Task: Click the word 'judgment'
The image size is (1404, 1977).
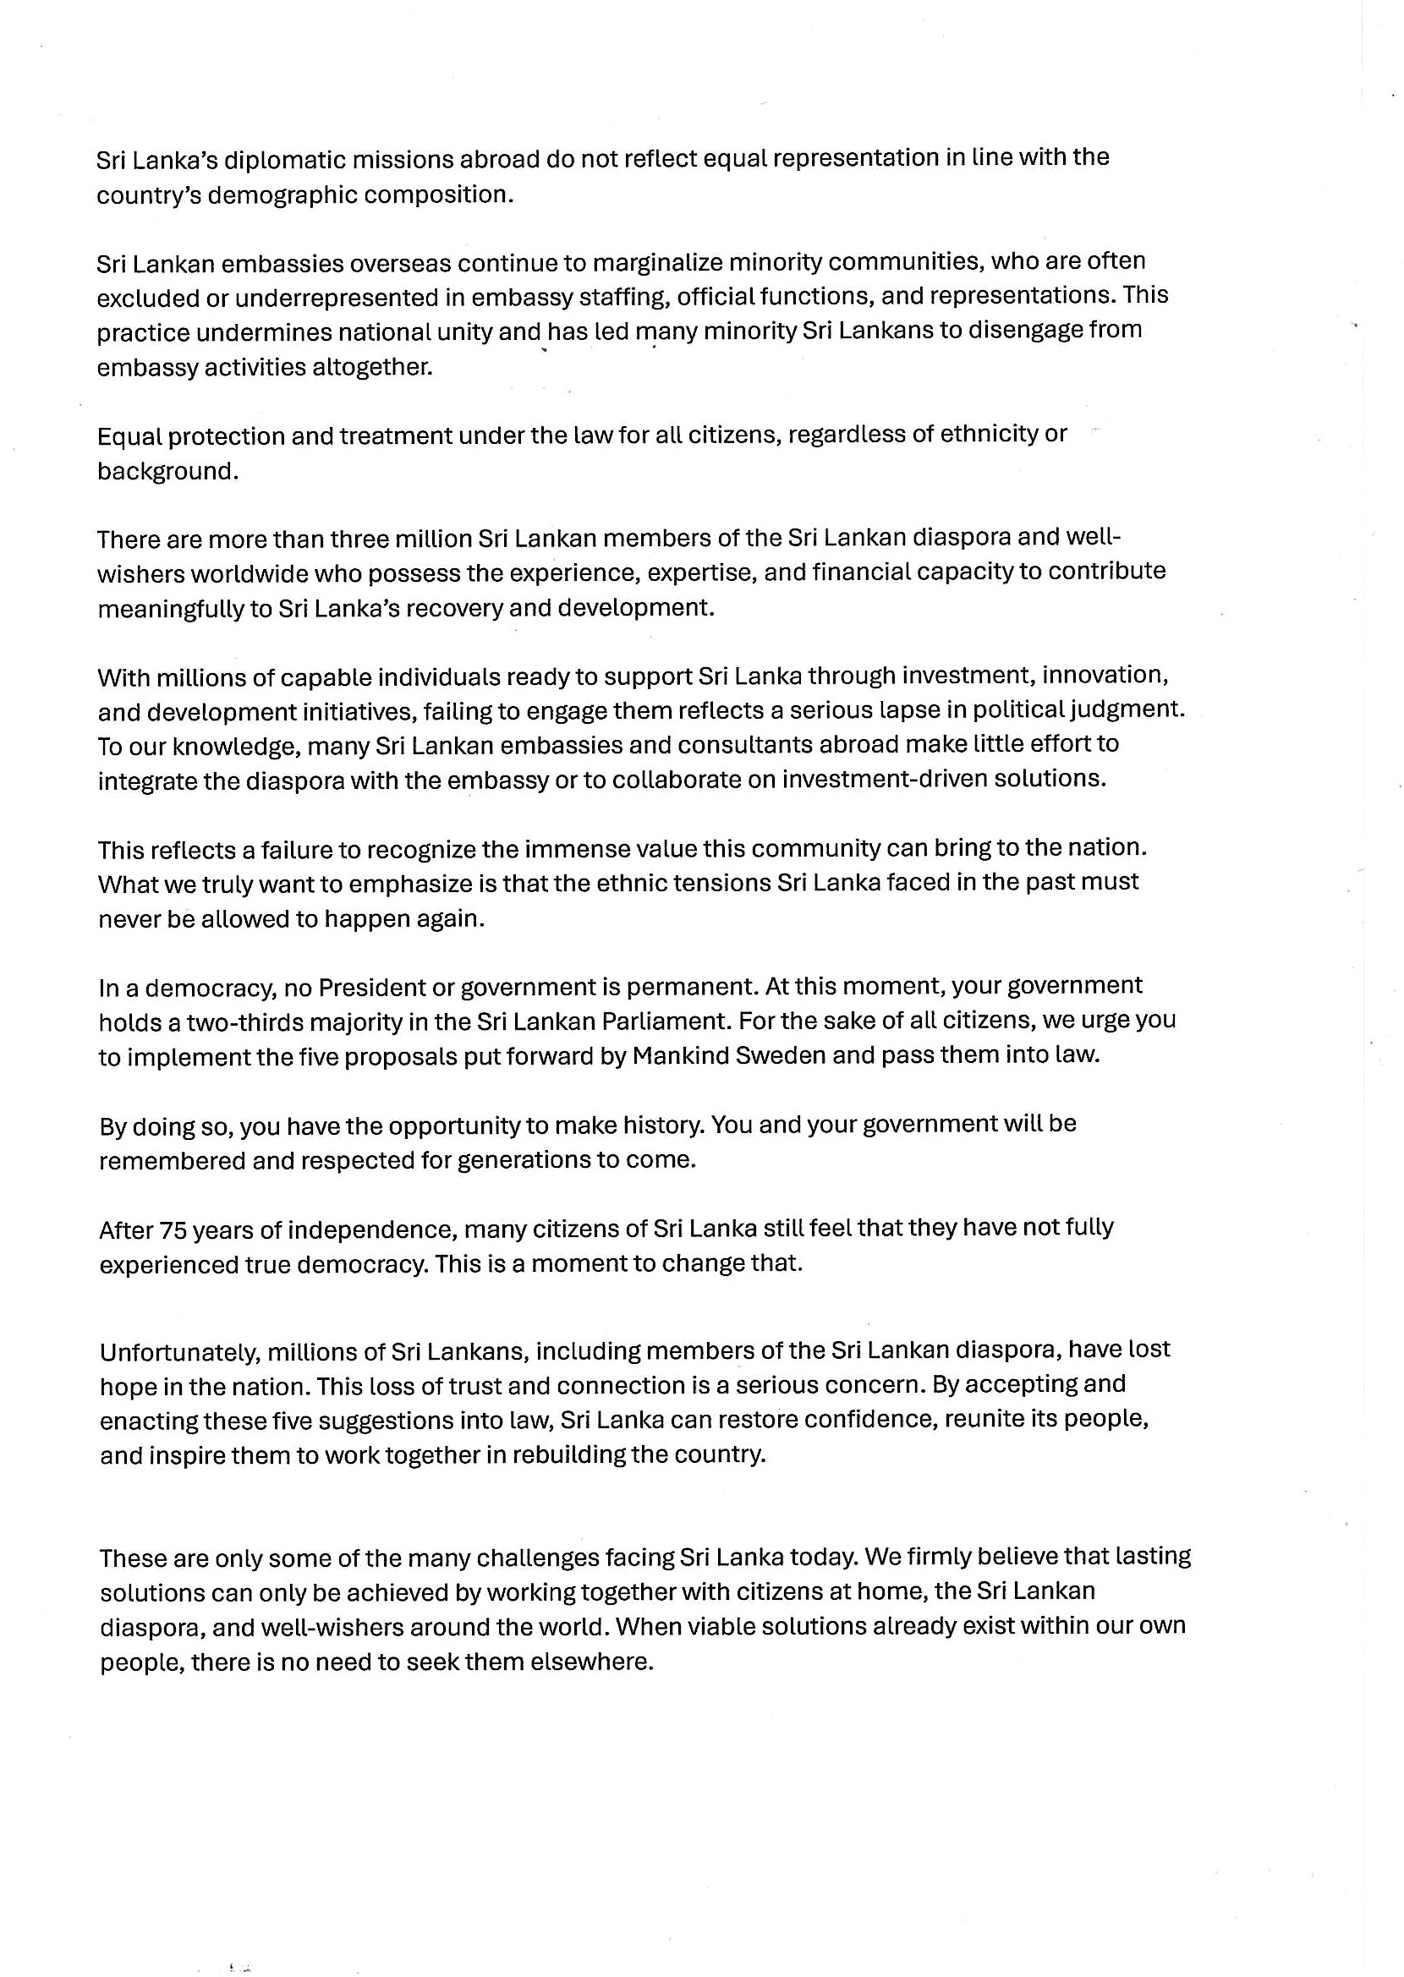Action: tap(1125, 710)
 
